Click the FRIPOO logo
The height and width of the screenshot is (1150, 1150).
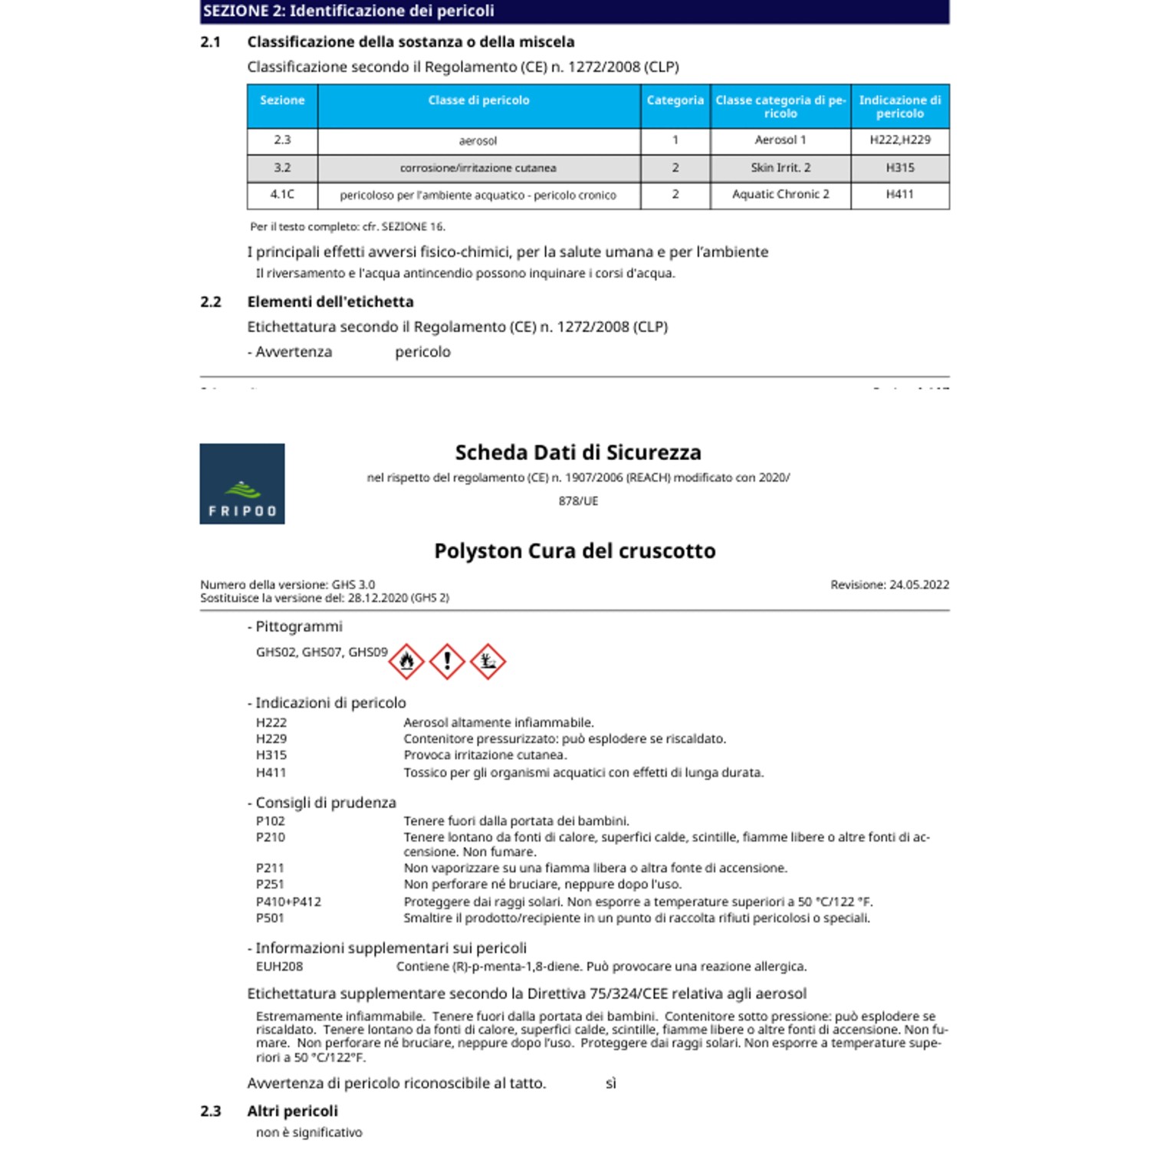242,484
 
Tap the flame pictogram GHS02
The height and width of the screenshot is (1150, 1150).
406,661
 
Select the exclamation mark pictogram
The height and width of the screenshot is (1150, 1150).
447,661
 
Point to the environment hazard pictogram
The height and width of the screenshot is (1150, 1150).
488,661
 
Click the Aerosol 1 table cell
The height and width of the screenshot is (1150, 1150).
780,140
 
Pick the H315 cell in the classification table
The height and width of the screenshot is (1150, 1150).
899,168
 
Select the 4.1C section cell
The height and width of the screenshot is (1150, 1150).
282,195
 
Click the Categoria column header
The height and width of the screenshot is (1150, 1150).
675,100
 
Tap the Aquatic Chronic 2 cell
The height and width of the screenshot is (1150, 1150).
780,195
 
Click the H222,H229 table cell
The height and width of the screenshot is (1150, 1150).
899,140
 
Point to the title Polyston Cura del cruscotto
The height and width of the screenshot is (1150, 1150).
574,551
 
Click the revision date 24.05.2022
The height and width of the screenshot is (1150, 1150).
918,585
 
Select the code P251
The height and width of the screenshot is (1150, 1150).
270,885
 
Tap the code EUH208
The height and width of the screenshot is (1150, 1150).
279,967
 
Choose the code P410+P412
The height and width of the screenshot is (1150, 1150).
288,902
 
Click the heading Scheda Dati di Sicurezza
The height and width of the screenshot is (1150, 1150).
577,452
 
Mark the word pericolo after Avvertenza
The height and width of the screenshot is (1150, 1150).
422,352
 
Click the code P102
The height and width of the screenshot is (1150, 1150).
270,821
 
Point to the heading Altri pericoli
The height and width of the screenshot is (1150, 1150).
292,1111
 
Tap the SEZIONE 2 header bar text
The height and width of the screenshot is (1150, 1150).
349,11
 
